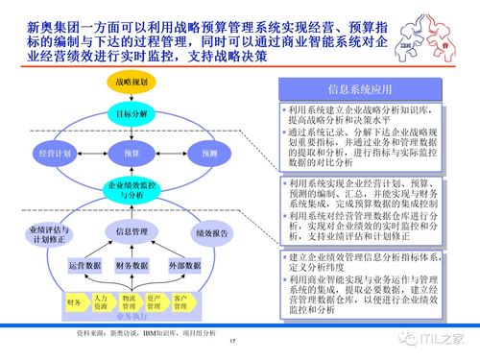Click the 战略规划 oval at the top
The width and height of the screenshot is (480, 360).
pos(131,84)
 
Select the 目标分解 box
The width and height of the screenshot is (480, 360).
pos(131,114)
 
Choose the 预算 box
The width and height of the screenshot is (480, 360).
pos(131,154)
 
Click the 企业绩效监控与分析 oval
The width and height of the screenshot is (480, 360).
pos(131,189)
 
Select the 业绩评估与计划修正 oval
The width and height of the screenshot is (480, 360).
pos(44,233)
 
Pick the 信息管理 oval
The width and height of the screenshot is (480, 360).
pos(131,231)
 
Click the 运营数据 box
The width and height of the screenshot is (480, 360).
pos(84,265)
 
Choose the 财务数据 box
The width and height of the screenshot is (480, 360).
pos(132,265)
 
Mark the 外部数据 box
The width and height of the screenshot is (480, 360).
pos(183,265)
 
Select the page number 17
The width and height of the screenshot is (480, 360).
pos(233,344)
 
